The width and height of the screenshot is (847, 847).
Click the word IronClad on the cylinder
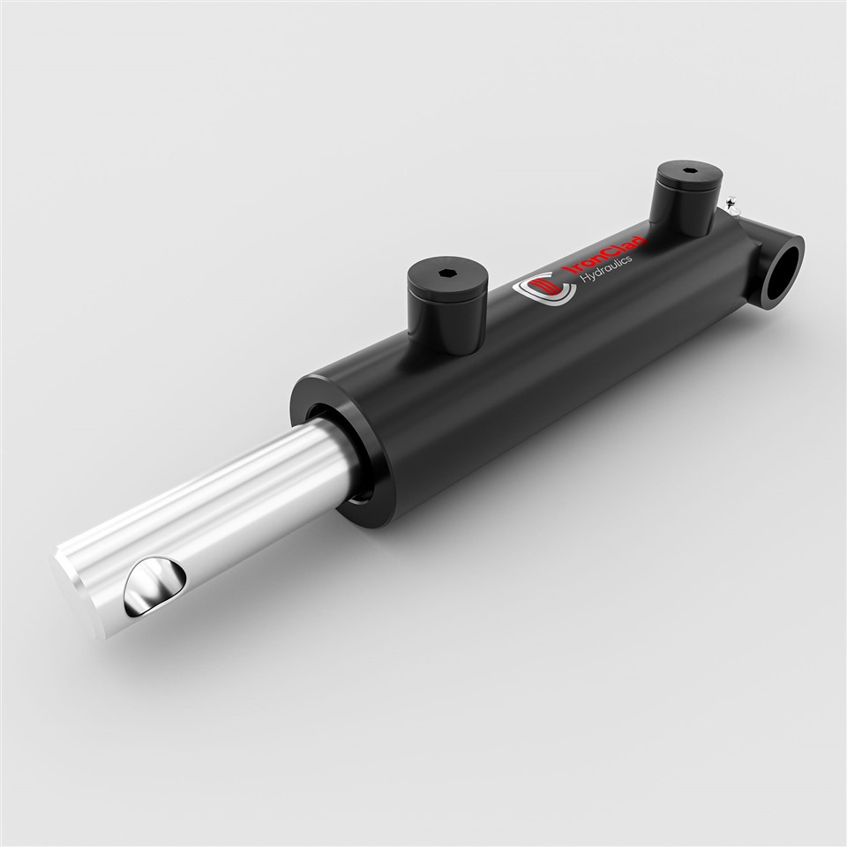[606, 259]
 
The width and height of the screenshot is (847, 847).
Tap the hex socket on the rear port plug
[687, 170]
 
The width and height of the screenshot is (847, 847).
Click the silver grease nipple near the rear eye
[731, 206]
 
